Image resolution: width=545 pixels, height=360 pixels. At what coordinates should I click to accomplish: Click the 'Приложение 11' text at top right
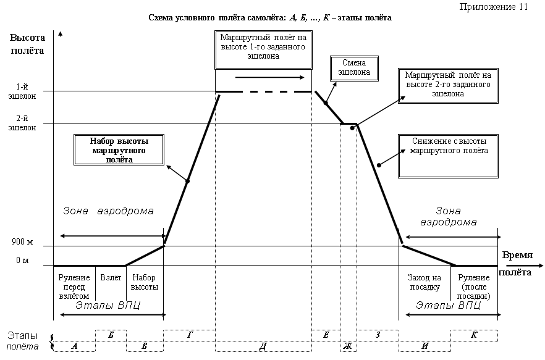pyautogui.click(x=494, y=7)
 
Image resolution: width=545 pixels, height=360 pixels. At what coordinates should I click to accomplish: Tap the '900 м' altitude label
pyautogui.click(x=22, y=241)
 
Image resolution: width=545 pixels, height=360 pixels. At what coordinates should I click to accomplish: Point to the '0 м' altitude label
pyautogui.click(x=22, y=260)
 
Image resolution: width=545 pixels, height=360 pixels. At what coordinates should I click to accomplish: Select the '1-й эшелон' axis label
pyautogui.click(x=22, y=91)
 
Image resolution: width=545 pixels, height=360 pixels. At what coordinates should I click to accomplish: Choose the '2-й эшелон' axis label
pyautogui.click(x=22, y=123)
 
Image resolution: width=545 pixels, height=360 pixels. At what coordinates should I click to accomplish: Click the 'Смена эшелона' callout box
pyautogui.click(x=354, y=69)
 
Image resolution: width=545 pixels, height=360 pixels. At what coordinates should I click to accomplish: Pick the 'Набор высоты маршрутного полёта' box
pyautogui.click(x=119, y=150)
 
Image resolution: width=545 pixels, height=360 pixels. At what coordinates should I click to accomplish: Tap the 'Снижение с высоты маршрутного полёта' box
pyautogui.click(x=449, y=156)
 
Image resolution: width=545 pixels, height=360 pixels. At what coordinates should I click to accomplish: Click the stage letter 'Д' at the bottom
pyautogui.click(x=263, y=346)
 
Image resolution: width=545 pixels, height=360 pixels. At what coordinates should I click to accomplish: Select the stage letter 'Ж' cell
pyautogui.click(x=349, y=346)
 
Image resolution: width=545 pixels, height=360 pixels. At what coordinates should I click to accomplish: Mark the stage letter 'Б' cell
pyautogui.click(x=111, y=335)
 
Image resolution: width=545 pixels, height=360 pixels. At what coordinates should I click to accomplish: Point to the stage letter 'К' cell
pyautogui.click(x=474, y=335)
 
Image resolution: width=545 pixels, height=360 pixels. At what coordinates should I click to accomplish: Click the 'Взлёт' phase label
pyautogui.click(x=111, y=278)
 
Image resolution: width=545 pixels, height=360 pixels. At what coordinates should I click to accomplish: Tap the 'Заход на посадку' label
pyautogui.click(x=425, y=282)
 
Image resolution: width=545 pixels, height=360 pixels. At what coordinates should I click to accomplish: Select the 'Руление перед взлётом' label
pyautogui.click(x=74, y=287)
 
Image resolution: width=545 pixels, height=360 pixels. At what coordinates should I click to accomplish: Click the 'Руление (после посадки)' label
pyautogui.click(x=474, y=287)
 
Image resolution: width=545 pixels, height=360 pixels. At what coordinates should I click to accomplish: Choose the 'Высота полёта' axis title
pyautogui.click(x=27, y=44)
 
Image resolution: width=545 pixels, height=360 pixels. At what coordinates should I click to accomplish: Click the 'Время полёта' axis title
pyautogui.click(x=516, y=264)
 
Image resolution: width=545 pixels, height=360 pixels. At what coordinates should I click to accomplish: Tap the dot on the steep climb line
pyautogui.click(x=187, y=181)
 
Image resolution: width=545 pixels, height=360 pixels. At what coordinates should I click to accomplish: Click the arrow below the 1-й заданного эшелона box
pyautogui.click(x=269, y=77)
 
